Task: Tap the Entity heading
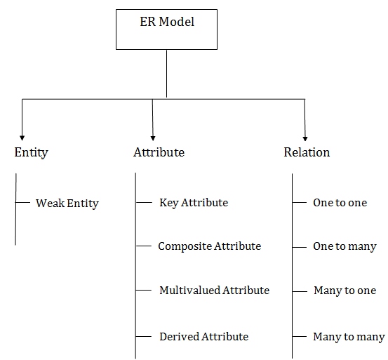point(31,153)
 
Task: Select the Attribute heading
point(159,152)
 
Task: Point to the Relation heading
point(307,152)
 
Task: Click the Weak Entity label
point(67,204)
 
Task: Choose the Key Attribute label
point(194,203)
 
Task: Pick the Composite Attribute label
point(210,246)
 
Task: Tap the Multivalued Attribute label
point(214,291)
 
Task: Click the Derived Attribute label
point(204,337)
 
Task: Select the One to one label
point(340,203)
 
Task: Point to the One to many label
point(344,247)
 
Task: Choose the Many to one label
point(345,291)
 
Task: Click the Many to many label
point(349,337)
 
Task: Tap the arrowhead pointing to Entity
point(22,138)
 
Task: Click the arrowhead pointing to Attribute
point(153,138)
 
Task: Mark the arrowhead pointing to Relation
point(305,138)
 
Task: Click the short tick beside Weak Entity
point(22,203)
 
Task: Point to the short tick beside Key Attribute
point(144,203)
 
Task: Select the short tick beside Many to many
point(300,337)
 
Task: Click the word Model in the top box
point(176,22)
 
